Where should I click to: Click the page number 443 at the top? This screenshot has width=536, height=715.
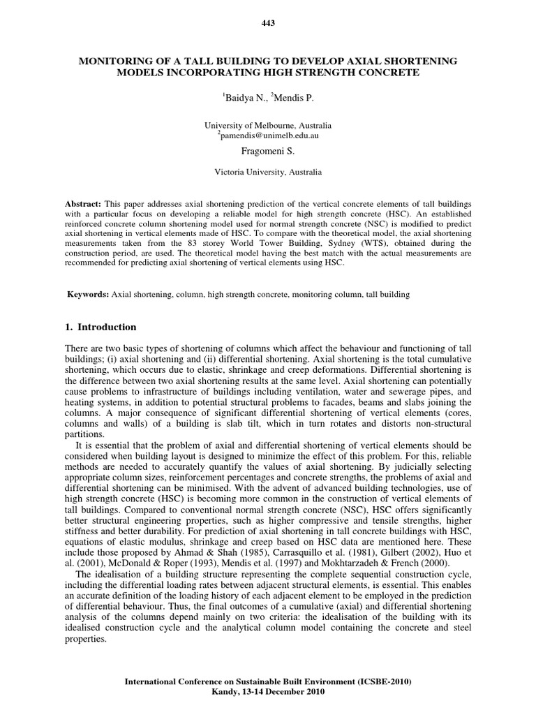pos(268,23)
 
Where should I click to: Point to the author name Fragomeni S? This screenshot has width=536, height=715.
pos(268,149)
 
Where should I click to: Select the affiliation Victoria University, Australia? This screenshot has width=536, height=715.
pos(268,170)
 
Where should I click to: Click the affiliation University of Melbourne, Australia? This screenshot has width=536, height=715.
pos(268,124)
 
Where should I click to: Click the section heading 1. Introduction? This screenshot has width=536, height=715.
pos(101,327)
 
